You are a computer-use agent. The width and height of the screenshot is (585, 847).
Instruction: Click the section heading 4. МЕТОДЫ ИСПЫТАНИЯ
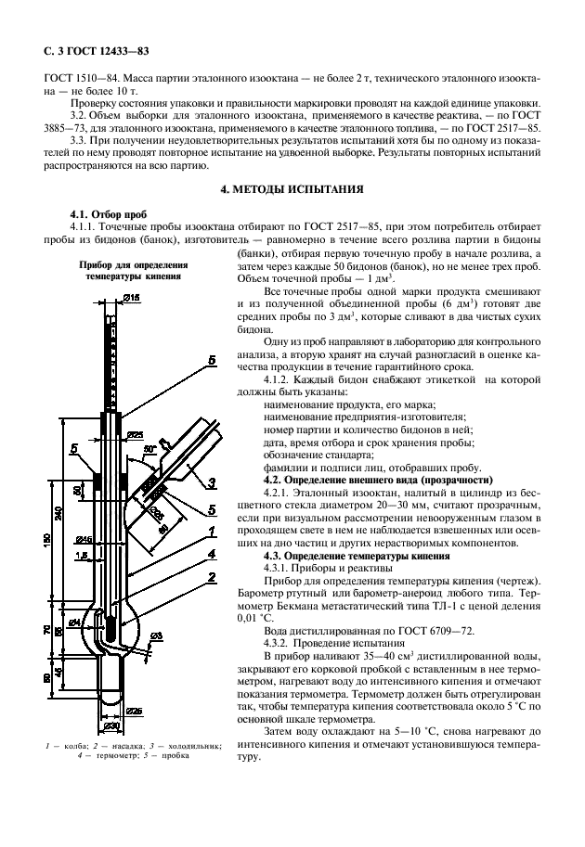(x=292, y=189)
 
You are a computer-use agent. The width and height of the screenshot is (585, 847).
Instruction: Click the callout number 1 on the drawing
(x=213, y=531)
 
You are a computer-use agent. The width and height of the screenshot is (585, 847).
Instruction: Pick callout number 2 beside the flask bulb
(x=213, y=577)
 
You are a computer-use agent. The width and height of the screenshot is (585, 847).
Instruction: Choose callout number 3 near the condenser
(x=213, y=481)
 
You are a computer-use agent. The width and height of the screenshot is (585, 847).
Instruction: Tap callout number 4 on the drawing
(x=213, y=554)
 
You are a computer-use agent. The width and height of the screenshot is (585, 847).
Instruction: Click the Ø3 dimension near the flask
(x=155, y=635)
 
